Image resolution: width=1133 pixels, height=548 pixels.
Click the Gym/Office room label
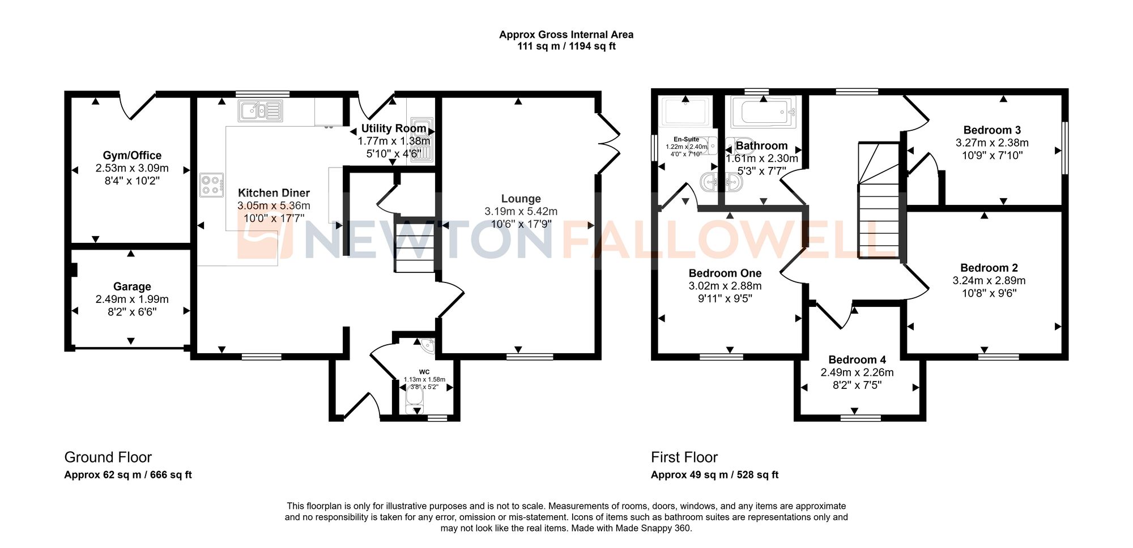tap(132, 155)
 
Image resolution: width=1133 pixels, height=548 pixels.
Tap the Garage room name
tap(132, 286)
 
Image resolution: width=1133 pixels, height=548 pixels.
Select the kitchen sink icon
tap(260, 111)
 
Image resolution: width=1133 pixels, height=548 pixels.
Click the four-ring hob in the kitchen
tap(211, 185)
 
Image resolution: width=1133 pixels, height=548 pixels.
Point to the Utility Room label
tap(394, 129)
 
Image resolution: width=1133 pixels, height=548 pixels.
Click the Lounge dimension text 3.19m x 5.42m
tap(521, 211)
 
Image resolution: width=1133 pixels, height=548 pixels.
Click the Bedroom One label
tap(725, 273)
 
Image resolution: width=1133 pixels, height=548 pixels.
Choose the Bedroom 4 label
tap(857, 359)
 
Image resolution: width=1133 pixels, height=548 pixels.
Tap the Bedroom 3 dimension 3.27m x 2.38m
tap(992, 143)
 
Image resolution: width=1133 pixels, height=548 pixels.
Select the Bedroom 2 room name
tap(989, 268)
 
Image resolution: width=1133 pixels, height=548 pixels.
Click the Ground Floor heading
tap(108, 457)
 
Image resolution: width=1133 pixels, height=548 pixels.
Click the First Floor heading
tap(684, 457)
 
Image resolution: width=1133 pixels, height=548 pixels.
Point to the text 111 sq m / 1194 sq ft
tap(566, 46)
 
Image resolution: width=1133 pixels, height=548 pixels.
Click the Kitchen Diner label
tap(274, 193)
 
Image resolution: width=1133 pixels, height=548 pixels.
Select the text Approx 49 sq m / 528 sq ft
tap(714, 475)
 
